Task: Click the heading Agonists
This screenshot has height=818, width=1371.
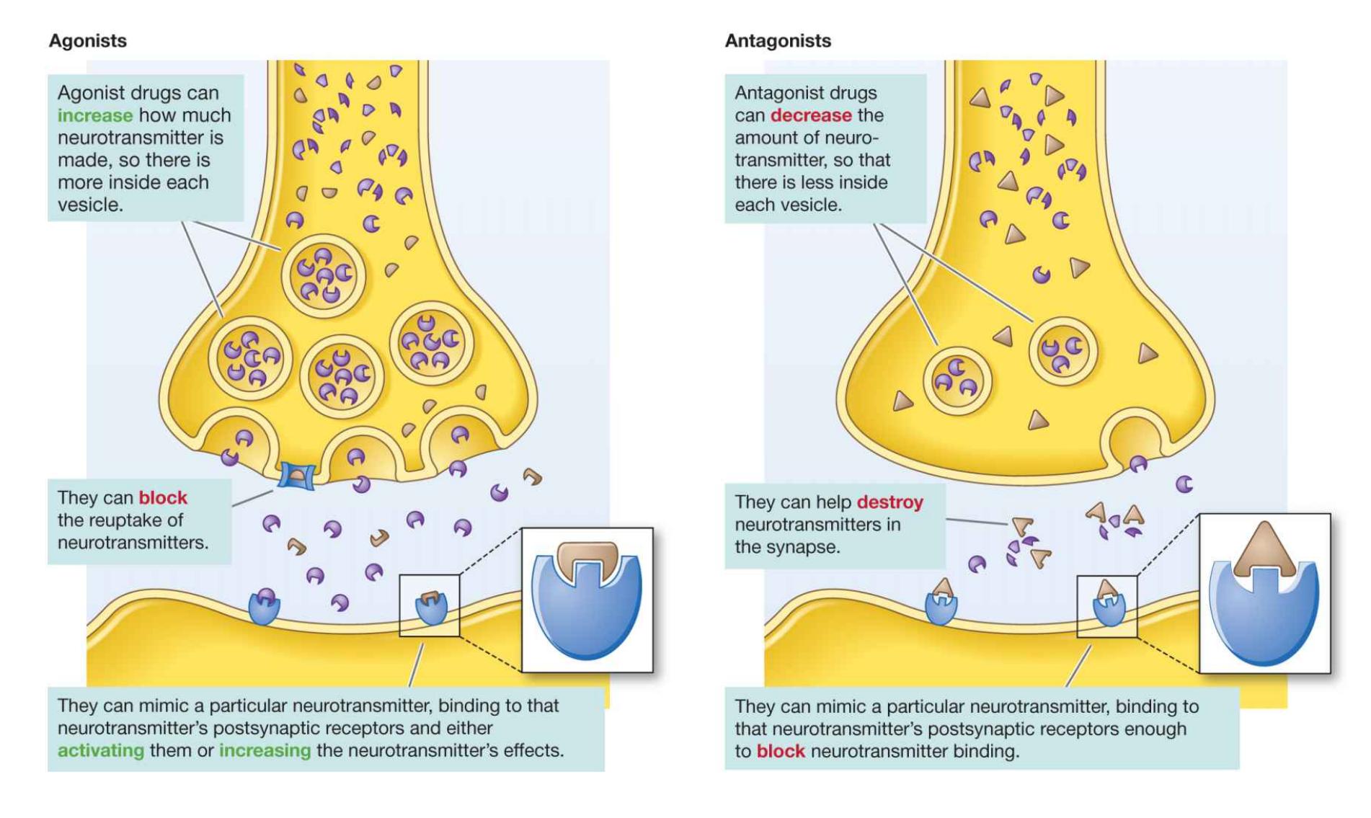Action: (x=87, y=41)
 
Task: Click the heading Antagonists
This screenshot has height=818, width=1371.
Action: (x=778, y=41)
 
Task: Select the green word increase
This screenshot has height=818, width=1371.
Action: (x=94, y=115)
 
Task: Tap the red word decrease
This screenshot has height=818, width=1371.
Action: (x=810, y=115)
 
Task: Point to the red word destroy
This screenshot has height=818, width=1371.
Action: (x=889, y=502)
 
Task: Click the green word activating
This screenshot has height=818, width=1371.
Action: (x=100, y=750)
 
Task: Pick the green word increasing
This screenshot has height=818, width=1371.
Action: (x=265, y=750)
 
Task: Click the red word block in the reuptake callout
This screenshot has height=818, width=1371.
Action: (x=162, y=497)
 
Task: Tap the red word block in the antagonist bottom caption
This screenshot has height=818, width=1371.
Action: (x=780, y=751)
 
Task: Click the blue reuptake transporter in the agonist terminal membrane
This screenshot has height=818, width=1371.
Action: (x=296, y=476)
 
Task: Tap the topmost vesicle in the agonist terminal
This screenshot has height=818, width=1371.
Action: (x=324, y=275)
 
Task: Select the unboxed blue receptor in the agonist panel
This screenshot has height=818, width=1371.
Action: (x=264, y=607)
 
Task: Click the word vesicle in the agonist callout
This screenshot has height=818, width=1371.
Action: (x=90, y=205)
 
